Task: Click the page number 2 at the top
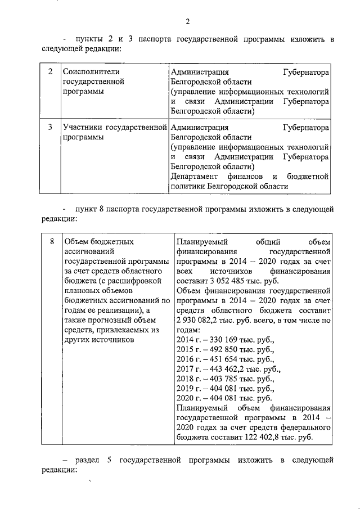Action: (x=188, y=21)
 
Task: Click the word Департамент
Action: (x=197, y=177)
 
